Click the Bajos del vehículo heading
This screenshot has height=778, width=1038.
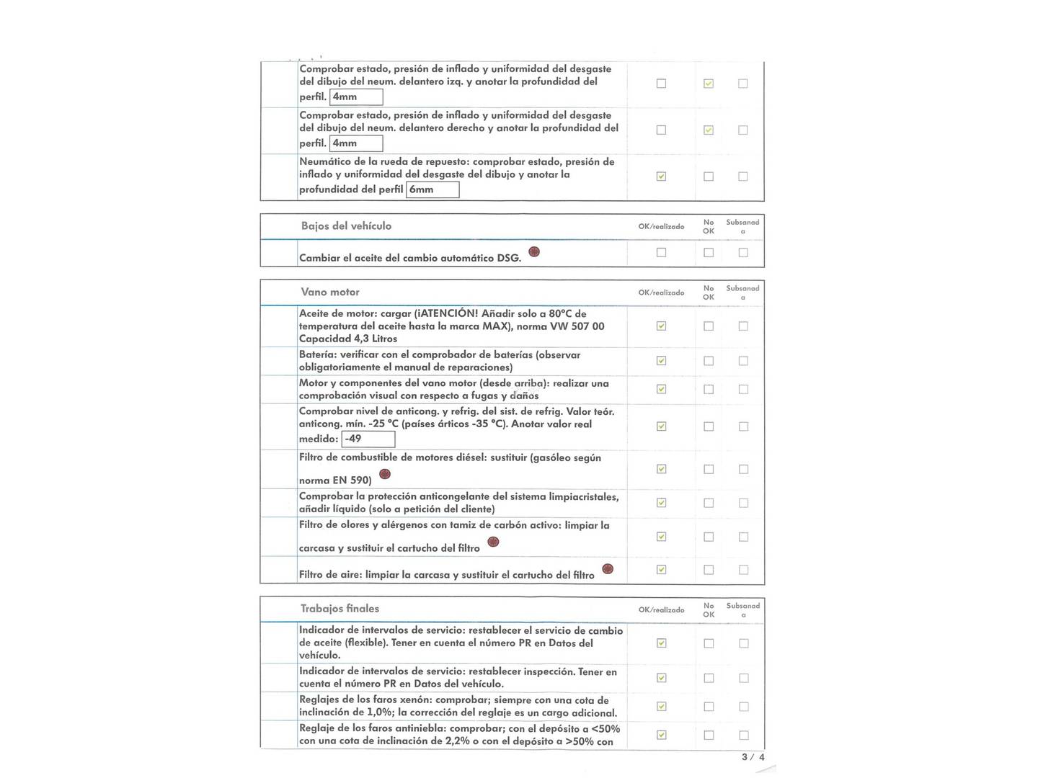point(346,226)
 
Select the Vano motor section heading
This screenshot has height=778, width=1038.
point(330,292)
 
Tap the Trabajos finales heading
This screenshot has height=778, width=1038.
point(340,609)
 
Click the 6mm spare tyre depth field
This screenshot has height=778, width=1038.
point(432,189)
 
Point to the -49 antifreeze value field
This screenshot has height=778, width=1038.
point(369,439)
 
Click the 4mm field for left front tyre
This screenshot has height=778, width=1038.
point(356,97)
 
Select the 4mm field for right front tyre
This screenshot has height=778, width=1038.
point(356,143)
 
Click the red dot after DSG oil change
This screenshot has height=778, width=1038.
point(534,251)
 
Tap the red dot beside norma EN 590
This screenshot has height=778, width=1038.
point(385,474)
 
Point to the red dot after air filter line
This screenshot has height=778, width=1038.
point(608,569)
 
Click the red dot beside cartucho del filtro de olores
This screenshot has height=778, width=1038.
point(494,542)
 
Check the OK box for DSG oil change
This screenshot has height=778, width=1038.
point(661,253)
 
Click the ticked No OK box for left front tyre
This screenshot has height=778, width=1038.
point(709,84)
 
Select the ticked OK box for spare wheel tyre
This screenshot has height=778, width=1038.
point(661,176)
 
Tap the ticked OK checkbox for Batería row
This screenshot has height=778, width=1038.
point(661,361)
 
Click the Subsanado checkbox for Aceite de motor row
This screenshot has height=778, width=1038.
point(743,326)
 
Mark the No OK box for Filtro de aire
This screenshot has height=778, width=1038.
point(709,570)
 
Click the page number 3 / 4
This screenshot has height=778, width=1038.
point(753,757)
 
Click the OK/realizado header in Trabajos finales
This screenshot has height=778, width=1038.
point(661,610)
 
